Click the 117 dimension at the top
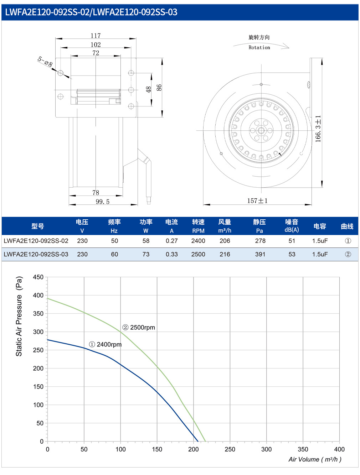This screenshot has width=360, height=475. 96,36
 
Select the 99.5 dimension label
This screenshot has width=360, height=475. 102,202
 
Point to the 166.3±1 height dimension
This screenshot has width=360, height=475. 318,129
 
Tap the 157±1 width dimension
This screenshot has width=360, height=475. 257,200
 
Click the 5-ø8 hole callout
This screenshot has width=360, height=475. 45,62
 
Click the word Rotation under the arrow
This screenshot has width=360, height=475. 259,47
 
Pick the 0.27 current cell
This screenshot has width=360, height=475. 171,241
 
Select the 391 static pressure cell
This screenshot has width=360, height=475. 260,254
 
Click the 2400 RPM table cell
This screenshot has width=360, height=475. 198,241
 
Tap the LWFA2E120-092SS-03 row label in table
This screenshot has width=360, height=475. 36,254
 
